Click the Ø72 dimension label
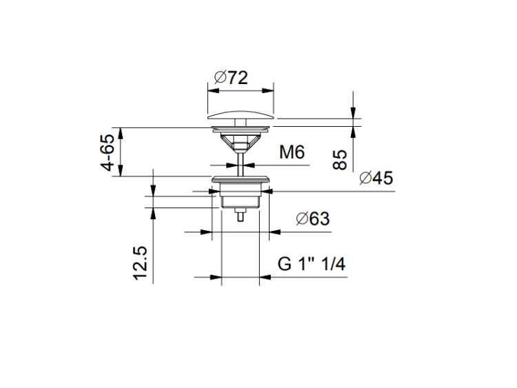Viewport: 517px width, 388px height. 231,78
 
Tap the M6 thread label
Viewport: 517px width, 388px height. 292,152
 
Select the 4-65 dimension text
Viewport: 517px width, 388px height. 108,152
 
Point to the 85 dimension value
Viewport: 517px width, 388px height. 340,160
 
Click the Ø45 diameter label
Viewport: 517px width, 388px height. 376,178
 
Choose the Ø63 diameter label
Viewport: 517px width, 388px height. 313,218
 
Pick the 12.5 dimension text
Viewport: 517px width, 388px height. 140,263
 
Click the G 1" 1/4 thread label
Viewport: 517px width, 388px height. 312,264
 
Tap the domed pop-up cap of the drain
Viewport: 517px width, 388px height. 241,115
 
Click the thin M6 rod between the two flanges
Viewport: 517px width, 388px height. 241,163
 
